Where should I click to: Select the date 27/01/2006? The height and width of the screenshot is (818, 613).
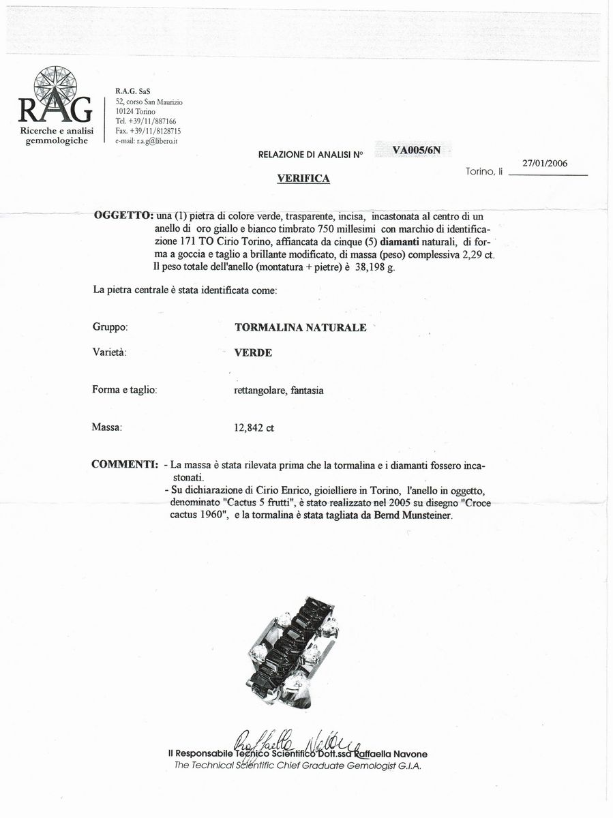(545, 164)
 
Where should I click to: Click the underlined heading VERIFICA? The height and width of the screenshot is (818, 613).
(303, 179)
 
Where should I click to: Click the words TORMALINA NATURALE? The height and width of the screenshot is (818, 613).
(300, 327)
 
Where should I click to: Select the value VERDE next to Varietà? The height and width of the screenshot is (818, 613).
(253, 352)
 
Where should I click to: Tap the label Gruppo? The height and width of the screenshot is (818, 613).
(110, 327)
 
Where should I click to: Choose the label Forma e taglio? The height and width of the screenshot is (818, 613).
(125, 390)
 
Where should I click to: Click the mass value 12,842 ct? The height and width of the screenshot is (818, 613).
(254, 428)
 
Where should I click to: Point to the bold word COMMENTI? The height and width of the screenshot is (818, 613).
(125, 465)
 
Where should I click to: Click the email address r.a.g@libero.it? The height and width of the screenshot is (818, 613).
(147, 141)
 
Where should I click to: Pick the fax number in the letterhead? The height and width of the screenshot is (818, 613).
(148, 131)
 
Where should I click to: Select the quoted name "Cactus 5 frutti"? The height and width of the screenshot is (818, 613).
(255, 503)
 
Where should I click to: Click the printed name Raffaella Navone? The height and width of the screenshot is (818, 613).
(391, 754)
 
